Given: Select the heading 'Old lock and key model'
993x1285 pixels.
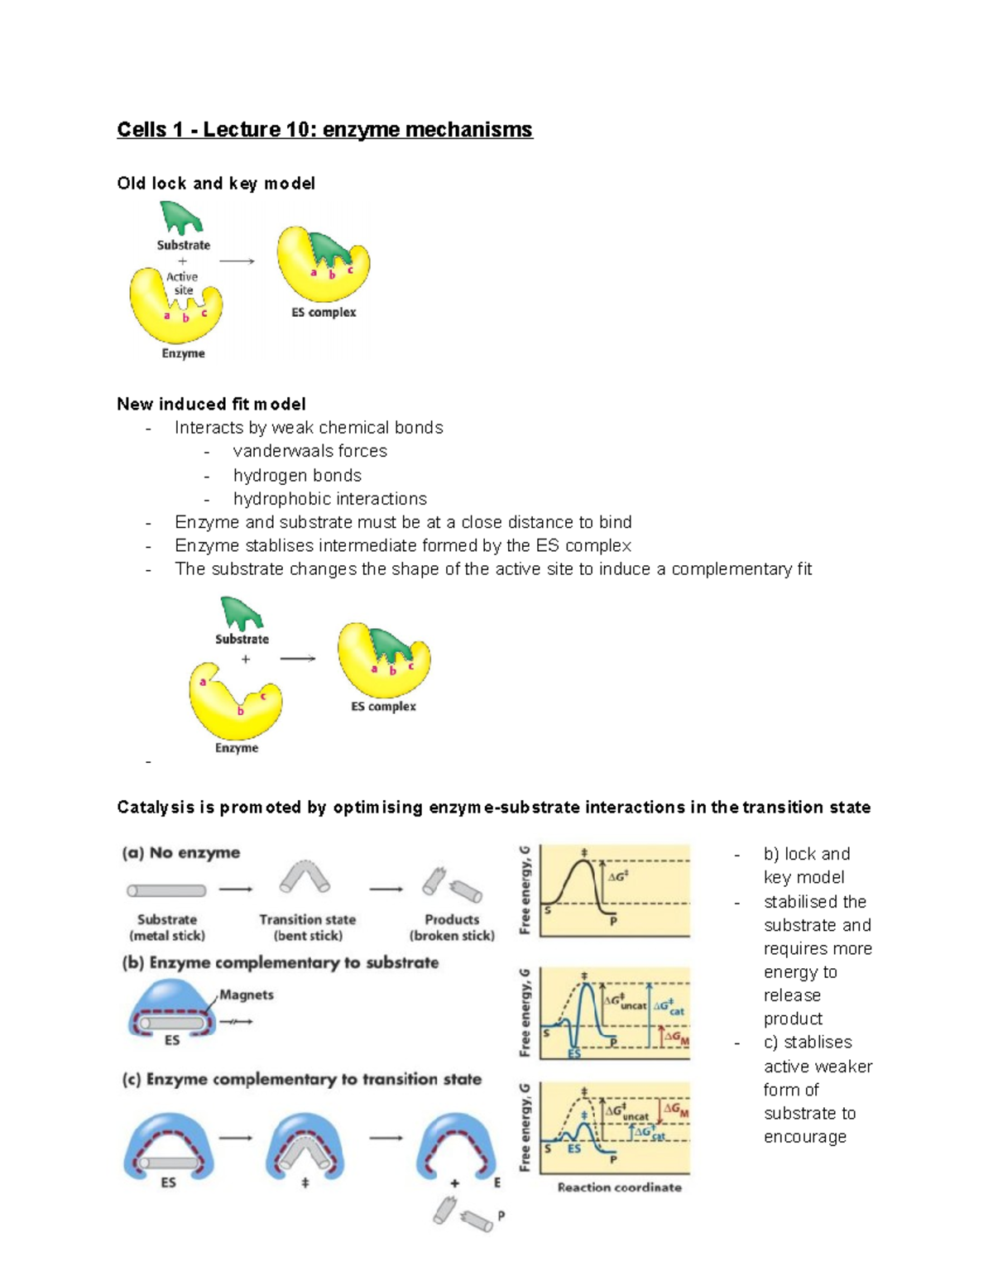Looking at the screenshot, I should click(x=216, y=184).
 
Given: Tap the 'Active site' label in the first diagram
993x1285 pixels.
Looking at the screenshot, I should click(x=183, y=283).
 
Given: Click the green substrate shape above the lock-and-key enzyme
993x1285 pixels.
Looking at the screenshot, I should click(x=181, y=218).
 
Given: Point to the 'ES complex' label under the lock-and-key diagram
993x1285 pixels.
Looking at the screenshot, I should click(x=324, y=313).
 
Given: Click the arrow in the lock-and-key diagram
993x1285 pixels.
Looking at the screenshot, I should click(x=237, y=261).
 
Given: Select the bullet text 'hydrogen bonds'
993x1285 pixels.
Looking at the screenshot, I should click(x=297, y=476).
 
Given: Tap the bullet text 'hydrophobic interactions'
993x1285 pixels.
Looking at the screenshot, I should click(x=330, y=499).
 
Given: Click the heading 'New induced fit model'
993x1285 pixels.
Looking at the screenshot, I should click(x=211, y=405).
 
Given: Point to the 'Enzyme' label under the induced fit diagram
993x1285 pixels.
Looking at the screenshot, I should click(x=237, y=748).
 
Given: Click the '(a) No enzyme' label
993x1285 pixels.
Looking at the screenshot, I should click(x=181, y=853).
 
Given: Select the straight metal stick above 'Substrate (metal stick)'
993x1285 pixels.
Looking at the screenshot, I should click(x=166, y=891).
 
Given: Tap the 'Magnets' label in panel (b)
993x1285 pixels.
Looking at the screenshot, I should click(x=247, y=995).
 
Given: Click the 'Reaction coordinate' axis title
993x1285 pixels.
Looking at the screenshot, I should click(x=619, y=1187).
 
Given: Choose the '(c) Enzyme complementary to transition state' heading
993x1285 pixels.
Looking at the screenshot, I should click(x=302, y=1080).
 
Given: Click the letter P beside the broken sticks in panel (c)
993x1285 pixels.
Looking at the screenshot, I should click(x=501, y=1216).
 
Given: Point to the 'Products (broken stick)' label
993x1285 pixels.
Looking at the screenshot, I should click(x=452, y=928).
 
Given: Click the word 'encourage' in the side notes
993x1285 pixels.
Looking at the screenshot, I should click(x=805, y=1138).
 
